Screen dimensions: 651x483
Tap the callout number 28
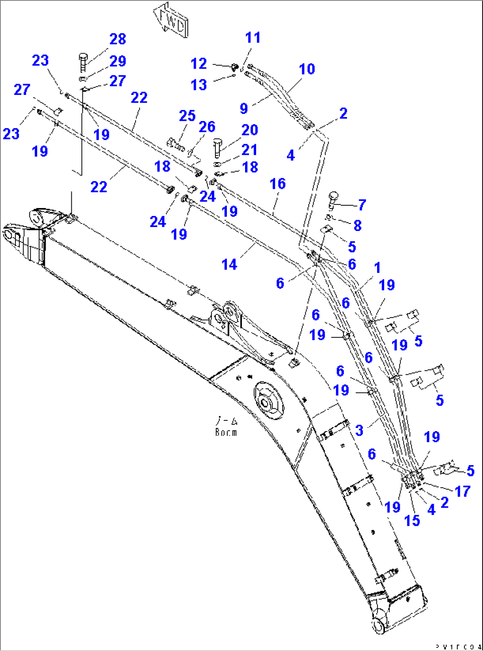click(x=117, y=39)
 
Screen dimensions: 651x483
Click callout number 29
click(x=117, y=61)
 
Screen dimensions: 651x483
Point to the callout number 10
click(x=307, y=69)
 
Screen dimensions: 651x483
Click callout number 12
click(x=199, y=64)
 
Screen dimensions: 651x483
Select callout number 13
click(x=199, y=85)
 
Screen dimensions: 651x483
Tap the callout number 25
click(x=187, y=116)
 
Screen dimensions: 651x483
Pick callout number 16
click(x=277, y=184)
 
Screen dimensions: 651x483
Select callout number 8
click(x=357, y=226)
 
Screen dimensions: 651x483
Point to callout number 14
click(x=229, y=265)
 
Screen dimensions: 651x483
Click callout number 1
click(x=377, y=268)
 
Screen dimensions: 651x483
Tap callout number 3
click(x=359, y=430)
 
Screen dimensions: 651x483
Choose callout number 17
click(x=462, y=491)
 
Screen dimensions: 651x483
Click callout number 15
click(x=412, y=520)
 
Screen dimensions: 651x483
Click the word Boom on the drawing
click(x=226, y=432)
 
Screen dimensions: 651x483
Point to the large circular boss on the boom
click(x=269, y=400)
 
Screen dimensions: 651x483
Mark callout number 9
click(x=244, y=108)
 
